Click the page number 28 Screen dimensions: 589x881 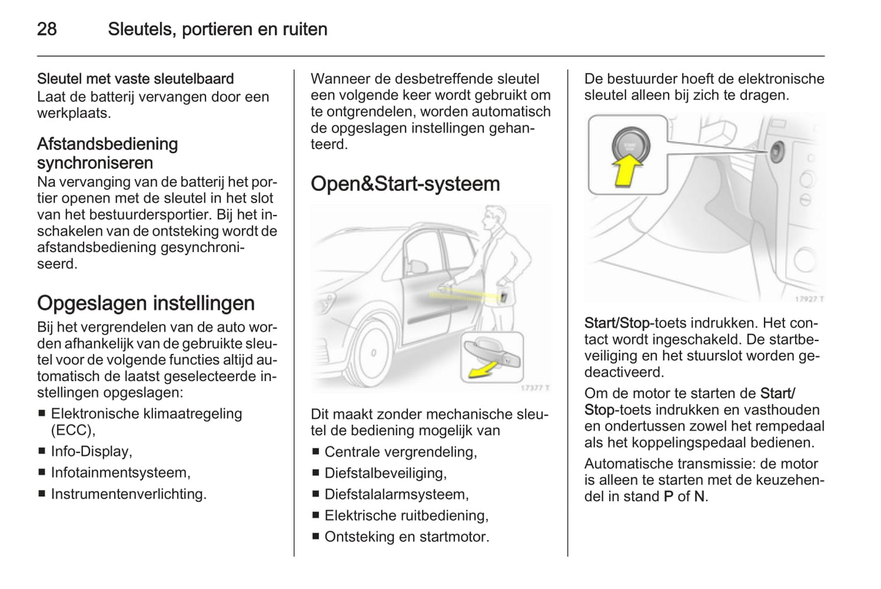47,29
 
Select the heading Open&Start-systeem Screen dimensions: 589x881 405,184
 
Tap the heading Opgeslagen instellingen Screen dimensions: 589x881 146,303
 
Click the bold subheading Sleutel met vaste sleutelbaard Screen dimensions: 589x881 135,79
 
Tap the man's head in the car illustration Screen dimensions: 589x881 494,218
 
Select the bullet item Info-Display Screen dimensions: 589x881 91,451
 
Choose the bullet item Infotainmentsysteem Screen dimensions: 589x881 121,472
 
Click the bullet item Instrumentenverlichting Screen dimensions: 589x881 129,494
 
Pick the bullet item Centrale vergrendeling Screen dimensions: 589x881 401,452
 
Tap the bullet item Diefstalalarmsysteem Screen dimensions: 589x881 396,494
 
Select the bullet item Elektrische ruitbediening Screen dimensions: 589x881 406,515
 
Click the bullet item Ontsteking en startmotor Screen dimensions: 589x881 407,537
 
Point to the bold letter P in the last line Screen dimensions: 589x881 668,496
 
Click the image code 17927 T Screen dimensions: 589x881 808,298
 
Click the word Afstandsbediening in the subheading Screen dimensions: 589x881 107,144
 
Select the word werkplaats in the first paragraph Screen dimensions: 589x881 73,113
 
